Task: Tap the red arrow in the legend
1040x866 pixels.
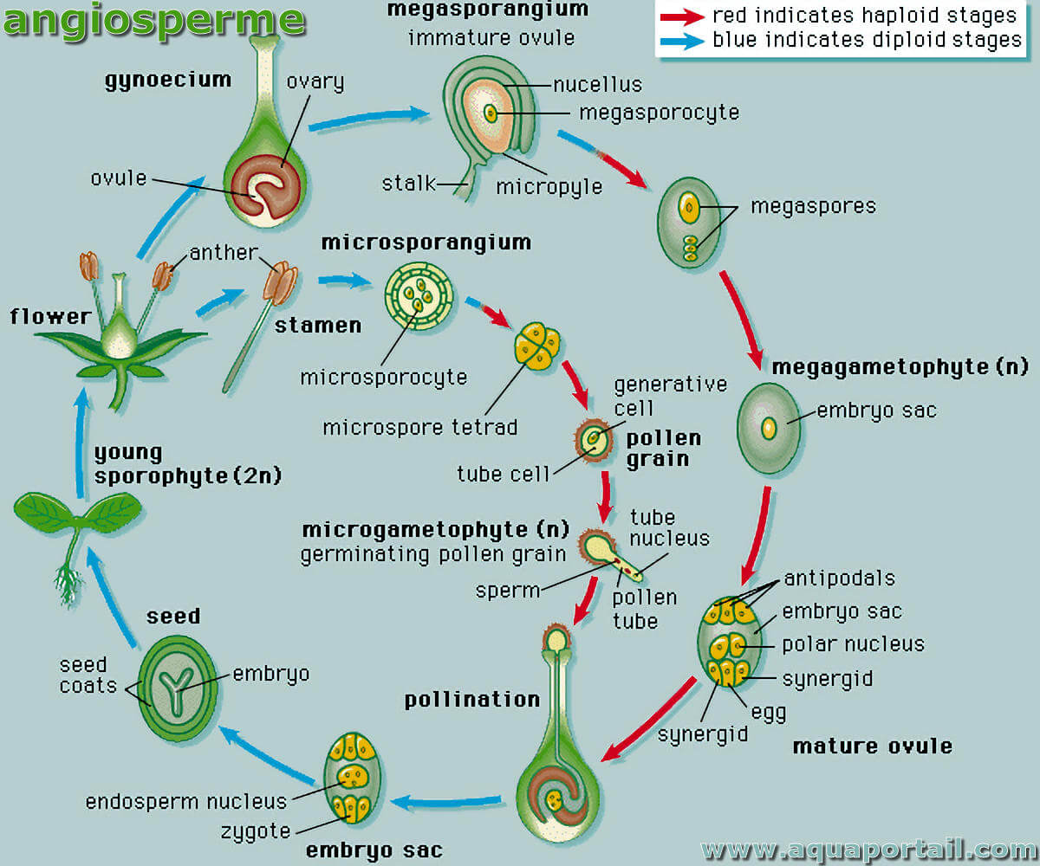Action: (x=682, y=17)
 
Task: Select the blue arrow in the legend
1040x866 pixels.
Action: (x=682, y=41)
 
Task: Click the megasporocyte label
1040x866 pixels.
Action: (x=659, y=113)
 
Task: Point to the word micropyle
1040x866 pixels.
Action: (x=549, y=187)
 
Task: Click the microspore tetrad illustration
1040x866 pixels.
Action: (x=537, y=346)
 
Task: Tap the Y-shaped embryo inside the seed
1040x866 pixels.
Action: (x=176, y=688)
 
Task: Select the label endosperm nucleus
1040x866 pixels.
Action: (x=186, y=802)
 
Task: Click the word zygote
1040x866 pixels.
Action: (x=256, y=831)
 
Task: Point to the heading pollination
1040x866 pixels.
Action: (x=472, y=700)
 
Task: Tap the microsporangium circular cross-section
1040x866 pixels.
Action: (x=419, y=297)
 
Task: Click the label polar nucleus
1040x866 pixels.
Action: (x=853, y=644)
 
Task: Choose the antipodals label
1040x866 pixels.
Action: (x=839, y=578)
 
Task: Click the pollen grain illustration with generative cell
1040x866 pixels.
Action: (x=593, y=440)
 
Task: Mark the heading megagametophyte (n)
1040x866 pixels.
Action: (x=900, y=367)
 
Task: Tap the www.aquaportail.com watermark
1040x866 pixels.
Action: (x=868, y=850)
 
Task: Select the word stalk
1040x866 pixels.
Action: (x=408, y=184)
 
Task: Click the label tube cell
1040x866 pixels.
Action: (x=503, y=475)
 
